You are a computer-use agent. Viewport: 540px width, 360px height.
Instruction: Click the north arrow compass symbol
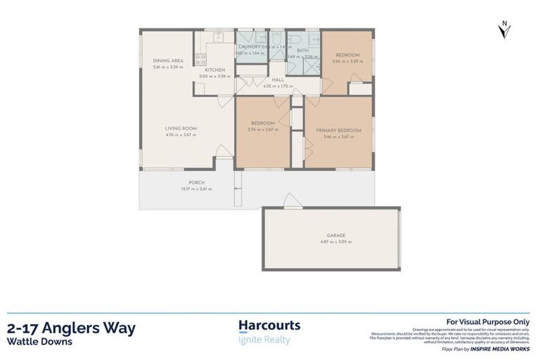[x=503, y=30]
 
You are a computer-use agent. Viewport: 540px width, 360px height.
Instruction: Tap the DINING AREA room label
[x=167, y=61]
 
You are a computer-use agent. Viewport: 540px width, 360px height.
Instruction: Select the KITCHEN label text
[x=214, y=70]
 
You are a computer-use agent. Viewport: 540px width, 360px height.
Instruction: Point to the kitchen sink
[x=218, y=34]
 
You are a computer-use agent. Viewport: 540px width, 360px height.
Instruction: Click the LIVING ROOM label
[x=181, y=128]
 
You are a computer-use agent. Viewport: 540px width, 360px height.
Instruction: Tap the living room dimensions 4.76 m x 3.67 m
[x=181, y=134]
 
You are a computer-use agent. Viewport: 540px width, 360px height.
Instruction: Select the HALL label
[x=278, y=80]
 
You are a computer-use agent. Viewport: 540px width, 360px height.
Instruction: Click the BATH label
[x=302, y=51]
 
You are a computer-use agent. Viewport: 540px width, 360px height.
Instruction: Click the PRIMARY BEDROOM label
[x=338, y=130]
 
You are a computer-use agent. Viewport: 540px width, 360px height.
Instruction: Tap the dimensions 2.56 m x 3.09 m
[x=347, y=61]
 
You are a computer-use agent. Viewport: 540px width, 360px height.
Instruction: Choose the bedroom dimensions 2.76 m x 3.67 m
[x=263, y=130]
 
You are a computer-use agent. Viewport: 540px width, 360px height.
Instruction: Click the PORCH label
[x=196, y=183]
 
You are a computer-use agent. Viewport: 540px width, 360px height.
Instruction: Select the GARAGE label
[x=336, y=236]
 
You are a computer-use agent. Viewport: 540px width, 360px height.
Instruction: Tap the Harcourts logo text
[x=269, y=326]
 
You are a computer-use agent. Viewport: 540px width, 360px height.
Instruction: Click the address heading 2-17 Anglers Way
[x=71, y=328]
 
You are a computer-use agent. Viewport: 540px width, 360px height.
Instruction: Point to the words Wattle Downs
[x=39, y=342]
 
